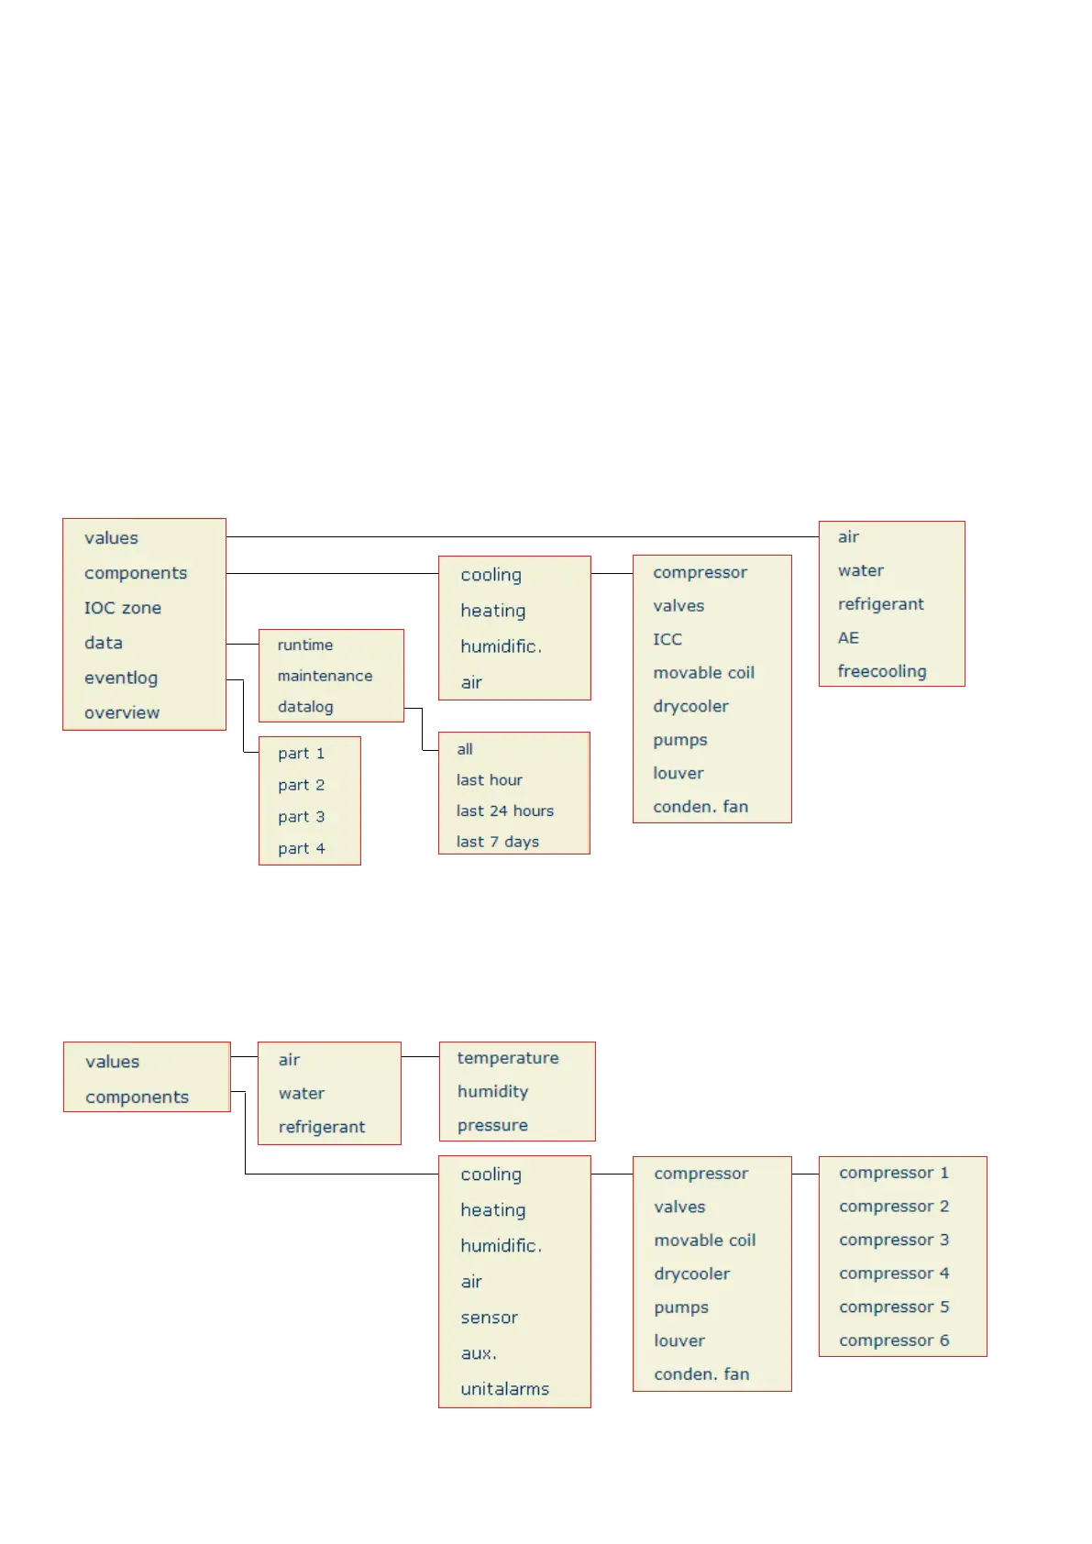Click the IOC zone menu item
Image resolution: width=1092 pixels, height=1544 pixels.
[123, 608]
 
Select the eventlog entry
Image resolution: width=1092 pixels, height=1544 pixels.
[121, 678]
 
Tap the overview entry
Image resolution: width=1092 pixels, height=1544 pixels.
[122, 712]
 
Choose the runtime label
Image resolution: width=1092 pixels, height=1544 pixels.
[305, 645]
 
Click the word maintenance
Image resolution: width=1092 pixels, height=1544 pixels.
[325, 676]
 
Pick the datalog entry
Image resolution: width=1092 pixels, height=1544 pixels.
[305, 707]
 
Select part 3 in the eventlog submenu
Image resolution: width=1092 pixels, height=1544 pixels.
[302, 817]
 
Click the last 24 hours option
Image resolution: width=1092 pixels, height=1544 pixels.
[505, 811]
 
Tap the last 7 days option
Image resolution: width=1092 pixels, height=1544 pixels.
[498, 842]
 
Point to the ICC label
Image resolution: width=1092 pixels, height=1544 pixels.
[667, 639]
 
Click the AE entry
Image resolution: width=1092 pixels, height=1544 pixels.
[848, 637]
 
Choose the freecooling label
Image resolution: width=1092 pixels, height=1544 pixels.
[882, 671]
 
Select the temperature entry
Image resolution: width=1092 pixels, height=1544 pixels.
[508, 1058]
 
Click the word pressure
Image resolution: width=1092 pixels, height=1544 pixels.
[492, 1125]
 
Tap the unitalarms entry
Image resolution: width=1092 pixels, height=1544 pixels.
[505, 1389]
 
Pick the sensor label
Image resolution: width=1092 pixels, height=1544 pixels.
[490, 1318]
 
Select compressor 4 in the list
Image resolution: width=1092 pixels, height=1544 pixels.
[894, 1274]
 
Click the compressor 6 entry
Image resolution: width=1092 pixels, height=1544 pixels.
[894, 1340]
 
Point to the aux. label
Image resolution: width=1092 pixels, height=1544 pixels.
[479, 1353]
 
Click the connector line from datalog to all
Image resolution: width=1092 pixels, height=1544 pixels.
[422, 729]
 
